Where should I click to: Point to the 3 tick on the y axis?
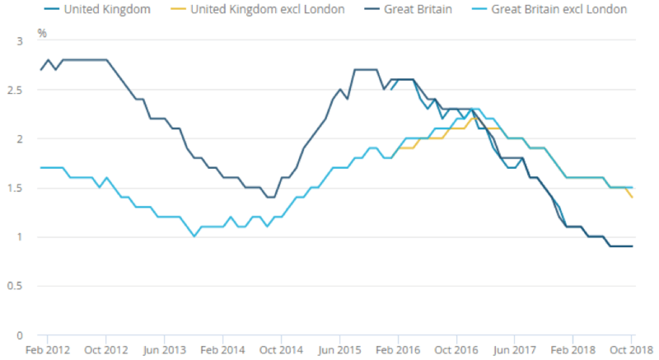tap(19, 40)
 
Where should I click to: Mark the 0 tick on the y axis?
tap(19, 336)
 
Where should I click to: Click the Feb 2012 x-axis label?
tap(47, 350)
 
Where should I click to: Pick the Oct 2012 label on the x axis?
tap(105, 350)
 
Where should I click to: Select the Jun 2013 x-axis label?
tap(164, 350)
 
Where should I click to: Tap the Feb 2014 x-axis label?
tap(222, 350)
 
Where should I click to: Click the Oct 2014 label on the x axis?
tap(281, 350)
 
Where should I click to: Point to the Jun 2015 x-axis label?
tap(339, 350)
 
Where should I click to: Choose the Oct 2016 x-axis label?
tap(456, 350)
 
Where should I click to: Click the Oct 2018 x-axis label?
tap(632, 350)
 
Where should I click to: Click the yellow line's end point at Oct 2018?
tap(632, 197)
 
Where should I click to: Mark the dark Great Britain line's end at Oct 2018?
tap(632, 246)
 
